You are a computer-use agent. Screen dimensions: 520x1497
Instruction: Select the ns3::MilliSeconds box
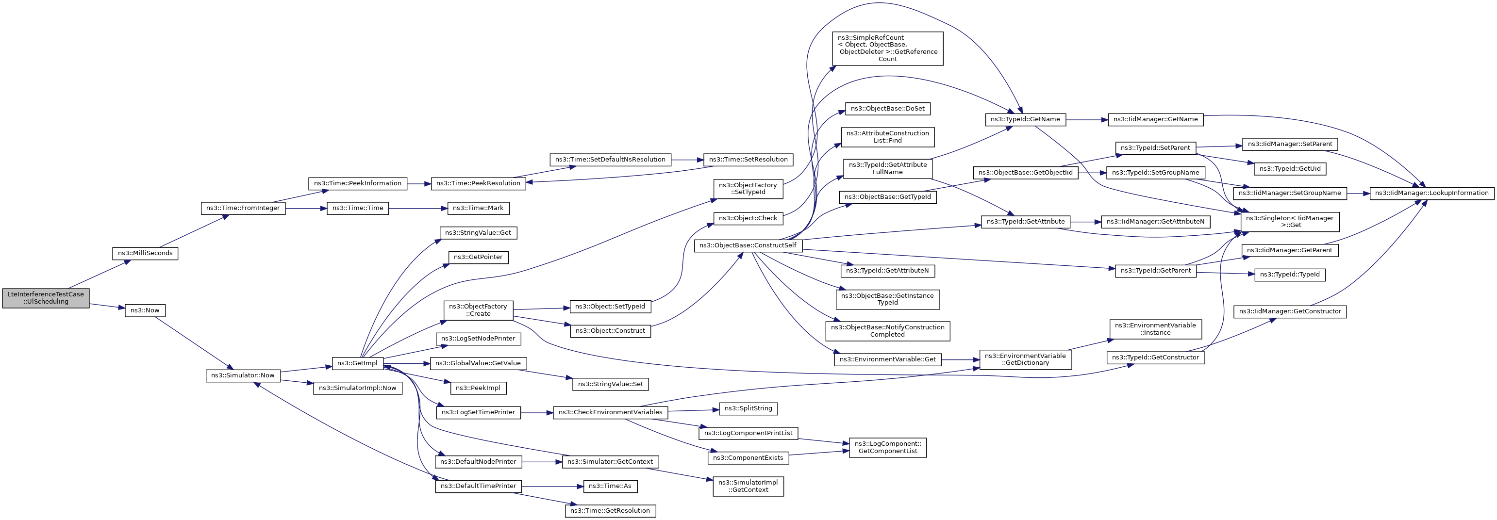coord(145,253)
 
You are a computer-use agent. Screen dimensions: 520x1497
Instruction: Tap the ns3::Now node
coord(145,310)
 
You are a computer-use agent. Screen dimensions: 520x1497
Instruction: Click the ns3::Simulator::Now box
coord(242,375)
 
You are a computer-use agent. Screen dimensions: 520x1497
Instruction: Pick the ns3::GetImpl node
coord(357,363)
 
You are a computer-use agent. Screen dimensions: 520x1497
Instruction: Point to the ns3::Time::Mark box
coord(478,208)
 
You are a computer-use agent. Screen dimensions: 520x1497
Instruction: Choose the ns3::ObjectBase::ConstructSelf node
coord(748,245)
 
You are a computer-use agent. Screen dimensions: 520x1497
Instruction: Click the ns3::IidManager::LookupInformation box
coord(1431,193)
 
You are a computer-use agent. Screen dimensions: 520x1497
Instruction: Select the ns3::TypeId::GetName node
coord(1025,119)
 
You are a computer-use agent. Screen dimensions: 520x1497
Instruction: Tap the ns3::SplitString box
coord(748,408)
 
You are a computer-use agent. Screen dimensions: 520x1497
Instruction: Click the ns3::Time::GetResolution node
coord(610,511)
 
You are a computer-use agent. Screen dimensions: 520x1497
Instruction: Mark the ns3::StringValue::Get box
coord(478,233)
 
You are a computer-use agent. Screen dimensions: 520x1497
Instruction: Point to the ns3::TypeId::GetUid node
coord(1290,168)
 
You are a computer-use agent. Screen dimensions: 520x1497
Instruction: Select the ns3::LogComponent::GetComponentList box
coord(887,447)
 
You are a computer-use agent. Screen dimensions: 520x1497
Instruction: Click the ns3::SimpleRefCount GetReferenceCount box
coord(887,48)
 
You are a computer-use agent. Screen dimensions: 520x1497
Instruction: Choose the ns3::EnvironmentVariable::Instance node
coord(1155,329)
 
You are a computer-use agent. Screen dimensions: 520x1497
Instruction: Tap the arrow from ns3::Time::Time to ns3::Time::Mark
coord(418,208)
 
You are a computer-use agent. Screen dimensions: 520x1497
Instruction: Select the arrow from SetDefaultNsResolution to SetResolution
coord(687,159)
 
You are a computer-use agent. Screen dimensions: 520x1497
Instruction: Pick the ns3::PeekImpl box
coord(478,388)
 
